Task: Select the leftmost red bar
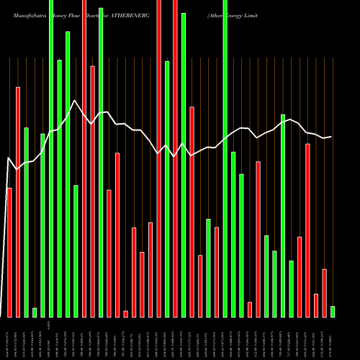click(x=9, y=252)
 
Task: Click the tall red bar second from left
click(x=18, y=202)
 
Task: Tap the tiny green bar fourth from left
click(x=35, y=312)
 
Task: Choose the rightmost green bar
click(x=333, y=312)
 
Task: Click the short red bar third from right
click(x=316, y=305)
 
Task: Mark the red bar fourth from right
click(x=307, y=230)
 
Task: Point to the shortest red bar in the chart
click(x=125, y=314)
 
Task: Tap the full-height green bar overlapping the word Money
click(x=51, y=158)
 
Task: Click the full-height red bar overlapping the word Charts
click(x=84, y=158)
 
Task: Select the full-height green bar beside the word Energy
click(x=225, y=158)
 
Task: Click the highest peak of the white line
click(x=75, y=100)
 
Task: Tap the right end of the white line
click(x=331, y=137)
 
